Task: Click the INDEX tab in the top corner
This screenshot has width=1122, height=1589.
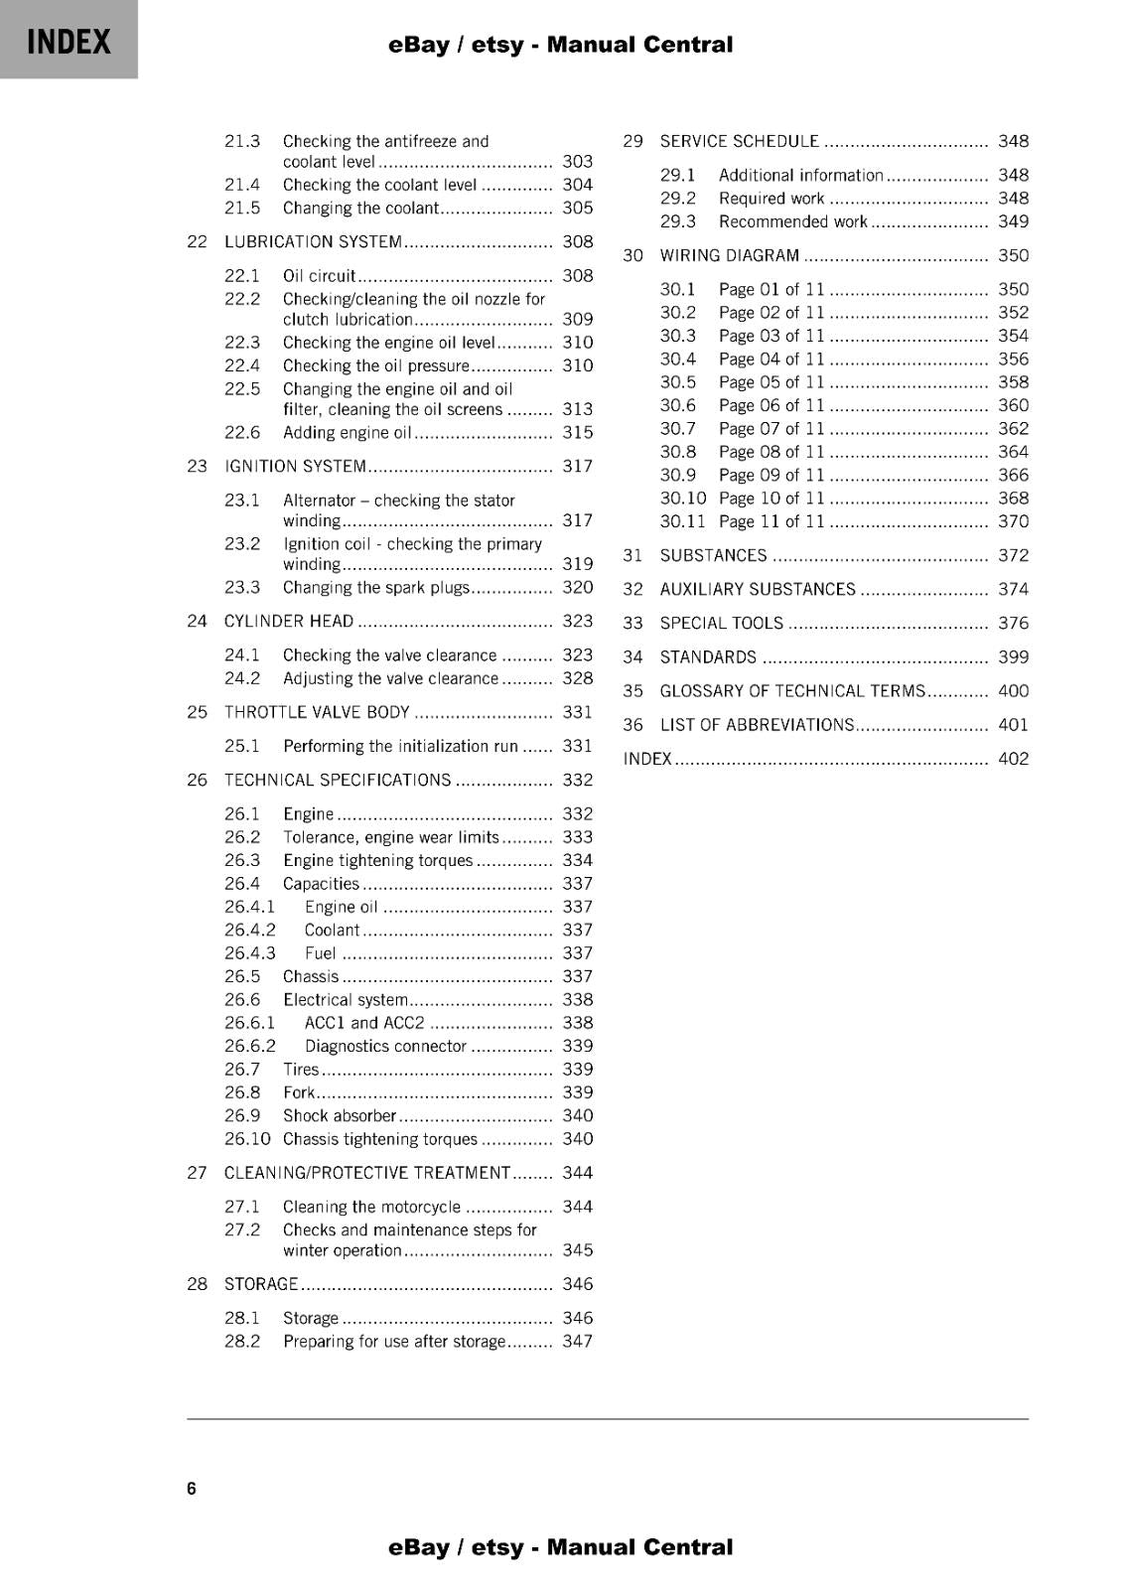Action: click(69, 41)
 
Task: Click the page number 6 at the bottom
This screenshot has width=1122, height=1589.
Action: click(192, 1488)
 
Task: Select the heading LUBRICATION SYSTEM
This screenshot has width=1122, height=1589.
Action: click(313, 242)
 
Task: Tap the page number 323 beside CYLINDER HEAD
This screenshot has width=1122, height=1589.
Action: click(577, 622)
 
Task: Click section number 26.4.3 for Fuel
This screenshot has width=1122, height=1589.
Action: click(249, 953)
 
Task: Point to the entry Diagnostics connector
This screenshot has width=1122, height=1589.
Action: click(385, 1047)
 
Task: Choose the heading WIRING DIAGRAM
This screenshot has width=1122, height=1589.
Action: click(729, 256)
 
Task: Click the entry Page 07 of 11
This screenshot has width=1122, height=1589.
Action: click(771, 429)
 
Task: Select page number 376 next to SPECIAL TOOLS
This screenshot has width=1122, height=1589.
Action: click(1013, 624)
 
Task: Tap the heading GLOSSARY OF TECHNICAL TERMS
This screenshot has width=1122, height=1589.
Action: click(792, 691)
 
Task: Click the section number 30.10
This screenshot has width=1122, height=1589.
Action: click(683, 499)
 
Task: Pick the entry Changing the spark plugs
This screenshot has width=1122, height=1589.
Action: click(375, 588)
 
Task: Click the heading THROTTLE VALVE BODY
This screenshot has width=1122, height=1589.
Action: click(317, 713)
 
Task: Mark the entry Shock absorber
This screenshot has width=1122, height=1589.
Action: click(339, 1116)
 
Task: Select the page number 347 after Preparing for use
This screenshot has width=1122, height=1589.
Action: click(577, 1342)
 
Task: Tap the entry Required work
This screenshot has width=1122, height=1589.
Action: click(771, 199)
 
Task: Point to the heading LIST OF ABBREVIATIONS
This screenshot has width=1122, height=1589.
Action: click(757, 725)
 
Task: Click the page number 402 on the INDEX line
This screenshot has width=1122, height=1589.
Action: click(1013, 759)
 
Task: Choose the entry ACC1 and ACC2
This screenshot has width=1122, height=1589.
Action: click(363, 1023)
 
